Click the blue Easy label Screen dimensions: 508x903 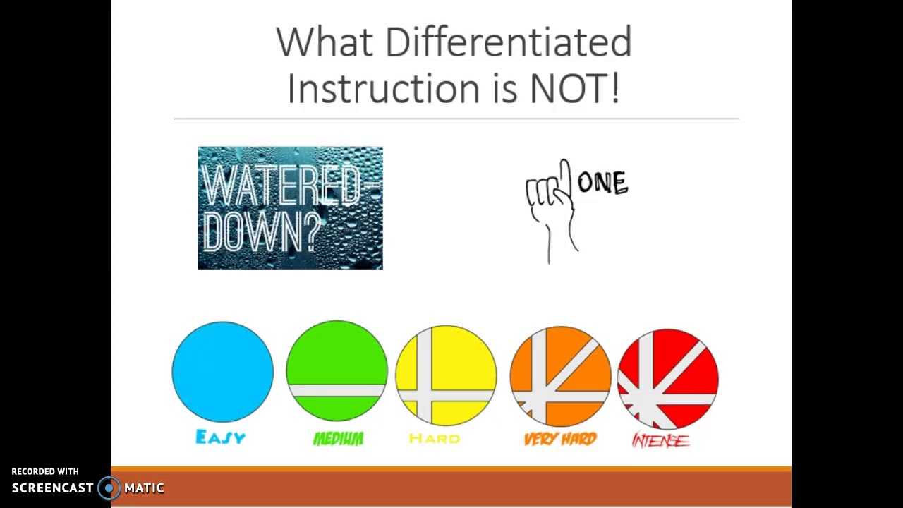(x=221, y=438)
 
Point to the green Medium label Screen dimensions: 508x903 (x=338, y=440)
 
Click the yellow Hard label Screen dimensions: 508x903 (x=435, y=439)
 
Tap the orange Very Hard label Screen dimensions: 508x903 (x=560, y=440)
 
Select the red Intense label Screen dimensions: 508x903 (x=660, y=441)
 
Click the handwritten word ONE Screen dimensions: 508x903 (x=602, y=183)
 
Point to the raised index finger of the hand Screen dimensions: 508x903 (x=564, y=173)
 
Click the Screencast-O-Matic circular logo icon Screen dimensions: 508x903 (x=109, y=488)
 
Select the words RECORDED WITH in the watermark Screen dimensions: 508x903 (x=45, y=471)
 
